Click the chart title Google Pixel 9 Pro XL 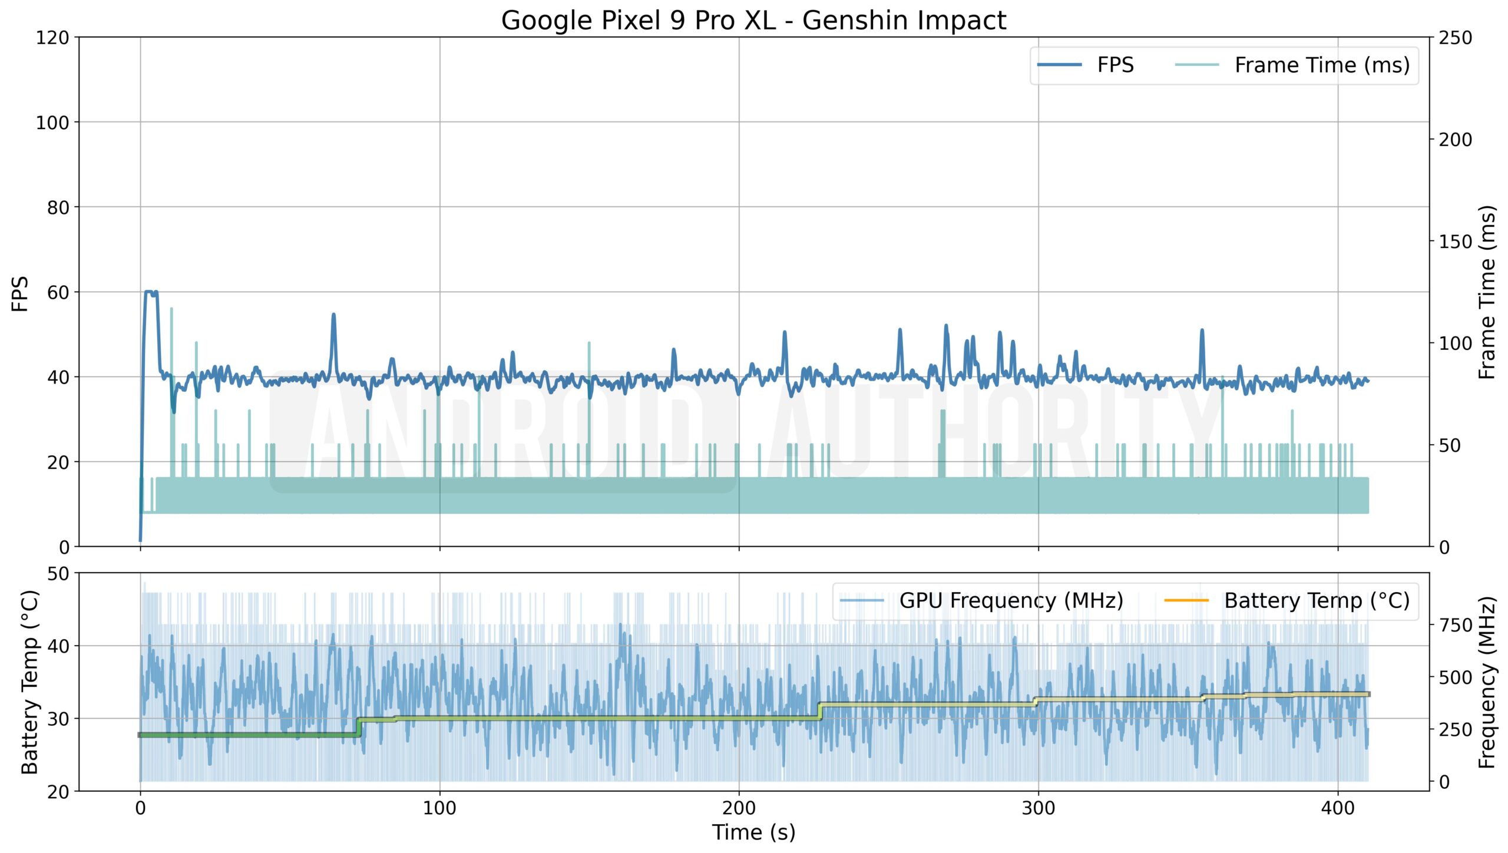pyautogui.click(x=753, y=21)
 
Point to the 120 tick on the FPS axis pyautogui.click(x=52, y=38)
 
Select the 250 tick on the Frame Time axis pyautogui.click(x=1455, y=38)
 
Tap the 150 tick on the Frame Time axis pyautogui.click(x=1455, y=242)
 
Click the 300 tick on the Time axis pyautogui.click(x=1038, y=808)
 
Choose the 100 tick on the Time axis pyautogui.click(x=439, y=808)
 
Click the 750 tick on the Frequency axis pyautogui.click(x=1456, y=626)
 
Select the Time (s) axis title pyautogui.click(x=753, y=833)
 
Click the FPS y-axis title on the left pyautogui.click(x=20, y=293)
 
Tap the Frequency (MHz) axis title pyautogui.click(x=1487, y=682)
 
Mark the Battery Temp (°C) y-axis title pyautogui.click(x=29, y=682)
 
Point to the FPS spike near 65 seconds pyautogui.click(x=333, y=316)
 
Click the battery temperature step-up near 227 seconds pyautogui.click(x=820, y=710)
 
